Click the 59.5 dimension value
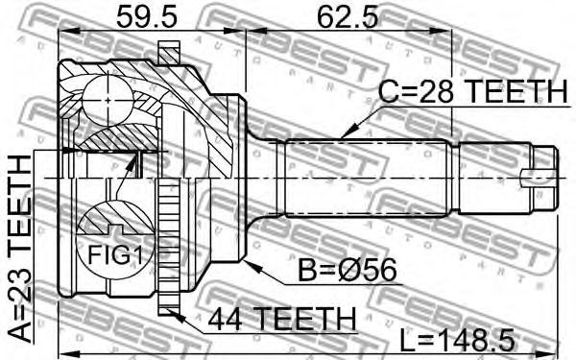pyautogui.click(x=147, y=16)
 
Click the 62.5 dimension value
pyautogui.click(x=348, y=16)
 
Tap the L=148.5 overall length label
pyautogui.click(x=457, y=340)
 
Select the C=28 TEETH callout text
pyautogui.click(x=472, y=91)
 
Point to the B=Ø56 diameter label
pyautogui.click(x=348, y=271)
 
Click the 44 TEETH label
pyautogui.click(x=282, y=319)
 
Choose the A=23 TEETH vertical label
pyautogui.click(x=20, y=249)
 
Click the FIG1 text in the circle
pyautogui.click(x=115, y=255)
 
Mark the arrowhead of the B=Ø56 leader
pyautogui.click(x=250, y=265)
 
